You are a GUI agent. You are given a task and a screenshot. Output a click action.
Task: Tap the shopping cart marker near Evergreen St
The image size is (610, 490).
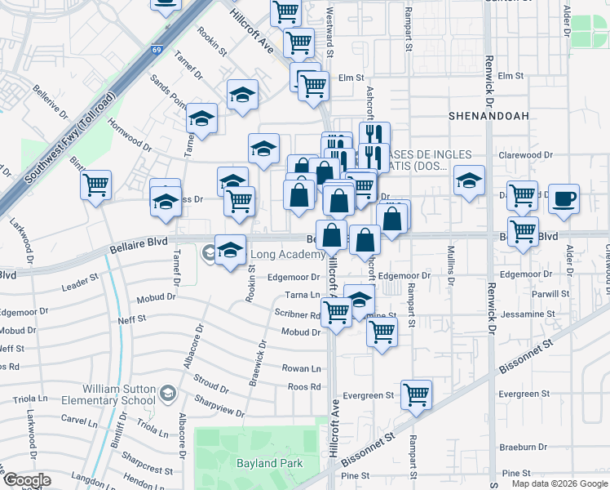(417, 395)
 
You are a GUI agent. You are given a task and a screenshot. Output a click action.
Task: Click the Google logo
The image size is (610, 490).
(26, 480)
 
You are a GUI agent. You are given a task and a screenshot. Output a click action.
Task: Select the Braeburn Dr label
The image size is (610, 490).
(524, 447)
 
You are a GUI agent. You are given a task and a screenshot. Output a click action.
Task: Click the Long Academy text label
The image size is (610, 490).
(287, 255)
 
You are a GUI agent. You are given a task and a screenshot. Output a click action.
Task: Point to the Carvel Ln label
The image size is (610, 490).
(79, 421)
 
